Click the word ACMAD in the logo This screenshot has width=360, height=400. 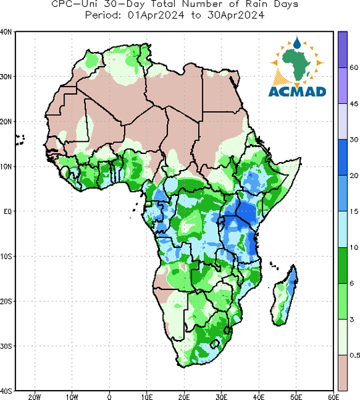click(297, 91)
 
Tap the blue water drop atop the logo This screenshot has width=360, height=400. click(297, 43)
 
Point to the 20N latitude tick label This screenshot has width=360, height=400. click(6, 121)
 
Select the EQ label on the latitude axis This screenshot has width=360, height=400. click(7, 211)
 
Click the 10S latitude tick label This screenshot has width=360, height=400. click(6, 257)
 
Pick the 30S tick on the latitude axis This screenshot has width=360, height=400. click(6, 346)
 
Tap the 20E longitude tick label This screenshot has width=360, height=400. click(184, 397)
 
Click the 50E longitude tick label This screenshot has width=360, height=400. click(296, 397)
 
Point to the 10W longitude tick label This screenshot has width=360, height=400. click(72, 397)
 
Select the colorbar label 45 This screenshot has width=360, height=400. click(353, 104)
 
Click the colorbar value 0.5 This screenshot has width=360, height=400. click(355, 355)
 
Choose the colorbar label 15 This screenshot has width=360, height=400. click(353, 211)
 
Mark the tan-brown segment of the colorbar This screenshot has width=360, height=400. click(343, 373)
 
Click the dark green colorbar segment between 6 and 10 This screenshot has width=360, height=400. click(343, 265)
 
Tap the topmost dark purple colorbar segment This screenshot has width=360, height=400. click(343, 49)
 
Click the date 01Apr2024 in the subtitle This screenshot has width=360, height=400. click(155, 15)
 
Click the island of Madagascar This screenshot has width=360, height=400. click(285, 297)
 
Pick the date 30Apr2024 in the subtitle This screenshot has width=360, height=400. click(236, 15)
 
